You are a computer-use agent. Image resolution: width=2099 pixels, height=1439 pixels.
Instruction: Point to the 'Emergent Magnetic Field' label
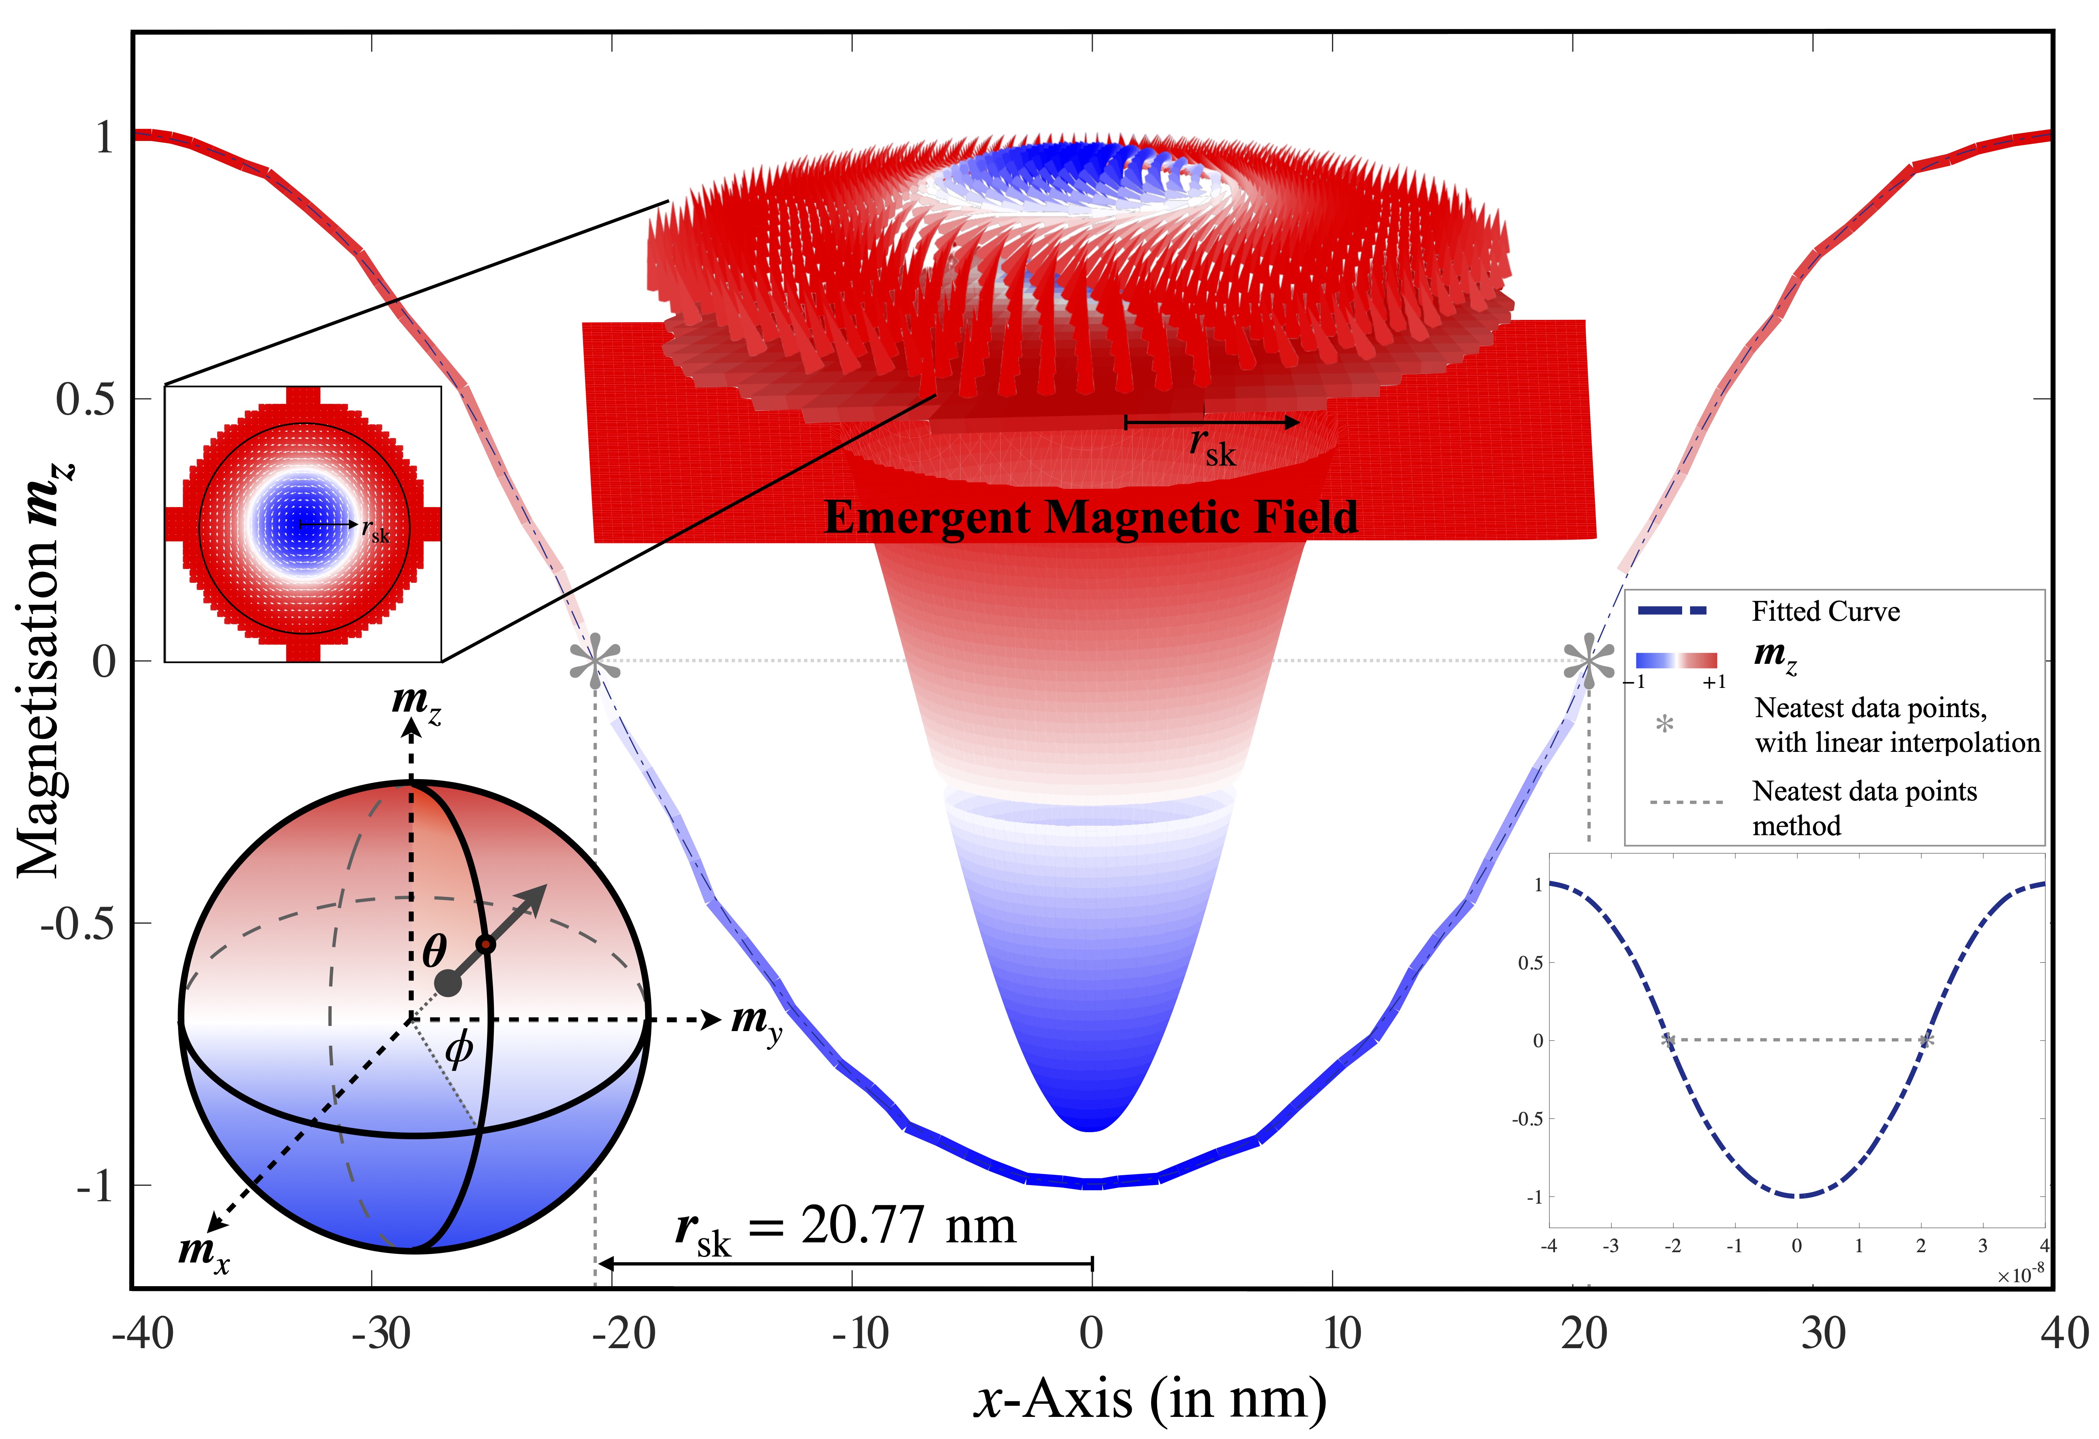pos(1091,518)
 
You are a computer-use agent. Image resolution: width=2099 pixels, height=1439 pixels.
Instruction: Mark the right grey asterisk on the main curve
pos(1589,661)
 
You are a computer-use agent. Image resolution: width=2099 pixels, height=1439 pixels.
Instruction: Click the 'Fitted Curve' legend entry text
pos(1825,612)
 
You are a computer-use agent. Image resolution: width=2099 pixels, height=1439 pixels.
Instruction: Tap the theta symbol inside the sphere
pos(434,951)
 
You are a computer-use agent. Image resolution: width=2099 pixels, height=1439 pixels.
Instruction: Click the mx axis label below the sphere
pos(203,1253)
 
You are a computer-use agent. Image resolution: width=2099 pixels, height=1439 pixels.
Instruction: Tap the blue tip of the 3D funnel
pos(1091,1116)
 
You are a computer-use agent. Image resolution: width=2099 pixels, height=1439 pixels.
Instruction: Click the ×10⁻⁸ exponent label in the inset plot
pos(2020,1275)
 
